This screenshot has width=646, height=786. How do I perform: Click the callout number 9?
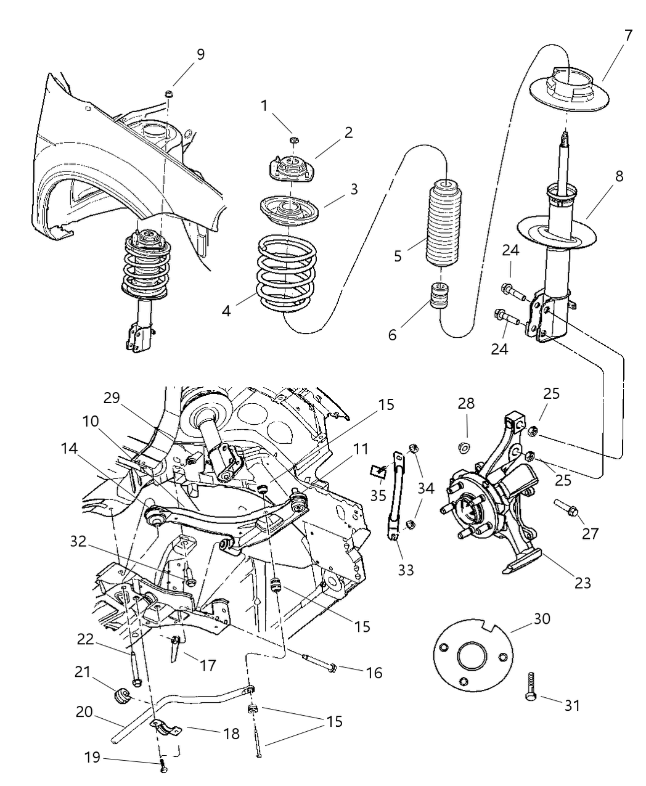200,54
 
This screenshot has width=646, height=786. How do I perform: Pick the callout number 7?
628,35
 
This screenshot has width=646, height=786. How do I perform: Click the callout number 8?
618,176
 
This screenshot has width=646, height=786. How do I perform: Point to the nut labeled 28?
466,446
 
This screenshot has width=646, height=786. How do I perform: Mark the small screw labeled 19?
163,768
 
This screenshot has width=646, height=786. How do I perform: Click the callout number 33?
405,570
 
